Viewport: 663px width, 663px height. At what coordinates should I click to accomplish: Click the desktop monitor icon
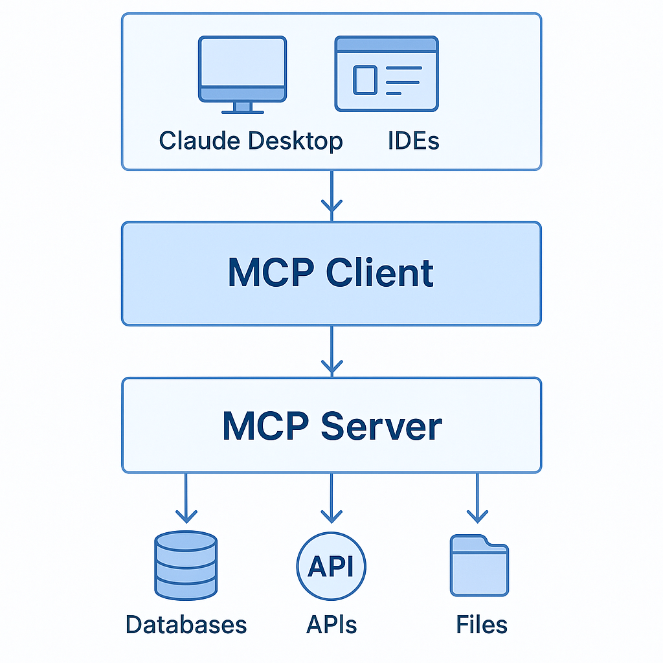click(242, 70)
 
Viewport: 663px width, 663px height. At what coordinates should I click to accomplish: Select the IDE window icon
click(387, 74)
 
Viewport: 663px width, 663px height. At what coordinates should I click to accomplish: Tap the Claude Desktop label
click(251, 140)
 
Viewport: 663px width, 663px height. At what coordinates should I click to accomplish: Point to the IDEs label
click(414, 140)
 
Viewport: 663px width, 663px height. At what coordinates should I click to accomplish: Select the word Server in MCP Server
click(381, 426)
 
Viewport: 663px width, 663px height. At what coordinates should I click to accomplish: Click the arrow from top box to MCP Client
click(331, 194)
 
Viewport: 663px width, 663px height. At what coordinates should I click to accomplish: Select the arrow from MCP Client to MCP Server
click(331, 351)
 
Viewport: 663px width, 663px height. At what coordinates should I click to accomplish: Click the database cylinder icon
click(186, 566)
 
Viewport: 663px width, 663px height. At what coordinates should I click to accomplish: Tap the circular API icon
click(331, 566)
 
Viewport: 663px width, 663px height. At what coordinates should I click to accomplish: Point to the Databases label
click(186, 625)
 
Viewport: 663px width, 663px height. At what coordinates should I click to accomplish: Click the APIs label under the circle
click(331, 625)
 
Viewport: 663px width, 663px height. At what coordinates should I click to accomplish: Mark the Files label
click(481, 625)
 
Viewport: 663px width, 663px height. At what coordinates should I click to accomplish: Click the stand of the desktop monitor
click(242, 107)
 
